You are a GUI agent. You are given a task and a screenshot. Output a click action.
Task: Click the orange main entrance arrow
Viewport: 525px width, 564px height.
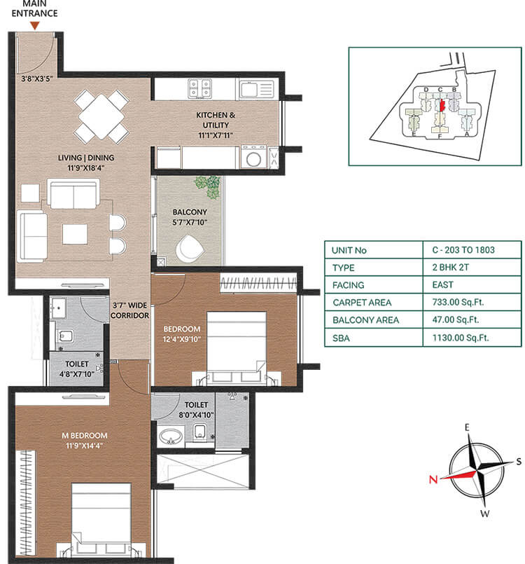coord(34,26)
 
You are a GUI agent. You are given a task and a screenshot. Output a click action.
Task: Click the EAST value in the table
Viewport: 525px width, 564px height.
coord(442,285)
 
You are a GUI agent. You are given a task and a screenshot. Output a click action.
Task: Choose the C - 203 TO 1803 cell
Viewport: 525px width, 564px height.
coord(462,250)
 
